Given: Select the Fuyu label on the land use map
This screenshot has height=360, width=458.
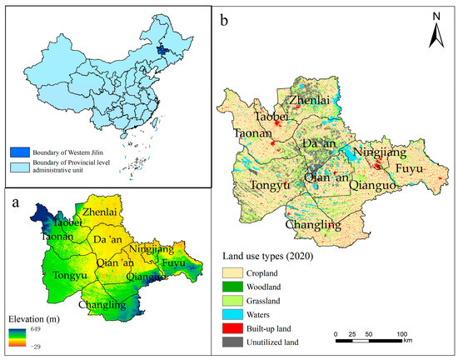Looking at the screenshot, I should (410, 169).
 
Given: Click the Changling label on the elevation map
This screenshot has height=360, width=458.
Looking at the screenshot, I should (101, 305).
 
